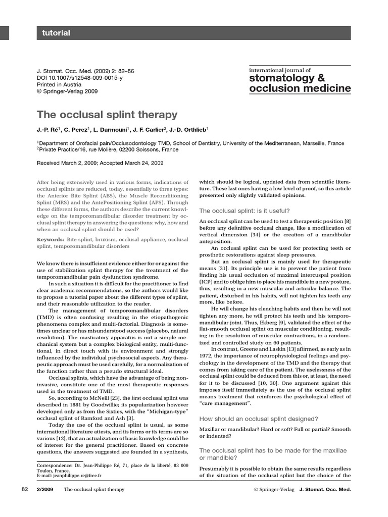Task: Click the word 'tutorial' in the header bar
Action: pyautogui.click(x=56, y=33)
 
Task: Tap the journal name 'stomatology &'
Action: pyautogui.click(x=287, y=78)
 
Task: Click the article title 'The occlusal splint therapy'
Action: pyautogui.click(x=107, y=115)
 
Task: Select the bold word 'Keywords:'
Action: pyautogui.click(x=50, y=238)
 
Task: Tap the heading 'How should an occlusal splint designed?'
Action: pyautogui.click(x=259, y=419)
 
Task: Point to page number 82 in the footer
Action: pyautogui.click(x=25, y=490)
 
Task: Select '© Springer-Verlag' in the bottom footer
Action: pyautogui.click(x=273, y=490)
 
